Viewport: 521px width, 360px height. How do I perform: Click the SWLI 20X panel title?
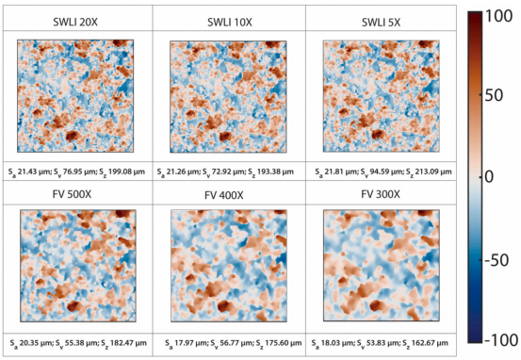click(75, 23)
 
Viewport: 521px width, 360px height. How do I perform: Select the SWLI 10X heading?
click(230, 23)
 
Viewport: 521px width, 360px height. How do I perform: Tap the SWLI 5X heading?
click(382, 23)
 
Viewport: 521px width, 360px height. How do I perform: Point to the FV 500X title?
click(72, 194)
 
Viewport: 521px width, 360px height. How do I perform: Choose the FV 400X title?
click(224, 195)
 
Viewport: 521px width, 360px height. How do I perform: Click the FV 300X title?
click(381, 194)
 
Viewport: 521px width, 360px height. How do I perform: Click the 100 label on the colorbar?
click(499, 16)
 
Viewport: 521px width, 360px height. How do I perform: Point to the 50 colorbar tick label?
click(495, 95)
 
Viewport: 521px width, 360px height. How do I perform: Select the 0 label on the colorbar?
click(489, 177)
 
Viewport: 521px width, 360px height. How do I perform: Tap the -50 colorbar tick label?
click(497, 260)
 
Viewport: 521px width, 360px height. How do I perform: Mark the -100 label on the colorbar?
click(501, 339)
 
